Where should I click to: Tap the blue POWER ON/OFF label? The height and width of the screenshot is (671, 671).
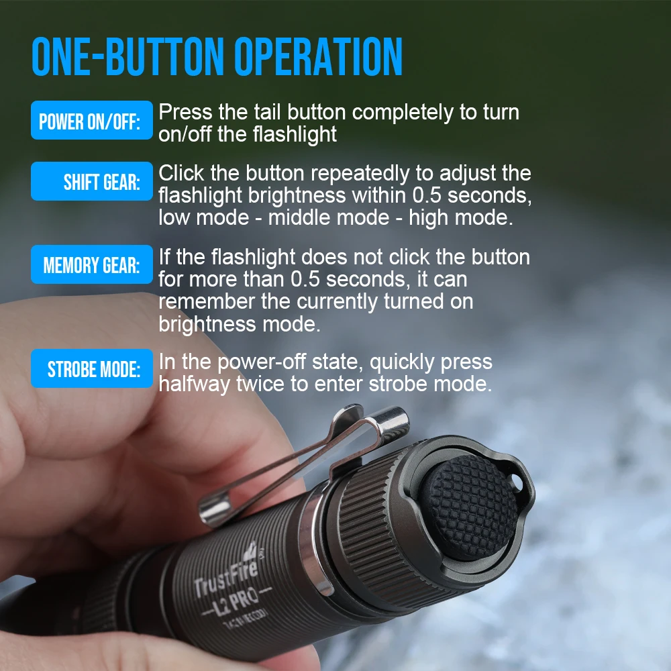pyautogui.click(x=91, y=121)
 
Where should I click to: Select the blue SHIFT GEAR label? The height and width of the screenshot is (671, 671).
pyautogui.click(x=91, y=182)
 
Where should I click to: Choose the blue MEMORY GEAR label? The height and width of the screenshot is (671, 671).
pyautogui.click(x=91, y=265)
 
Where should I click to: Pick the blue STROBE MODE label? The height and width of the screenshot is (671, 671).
pyautogui.click(x=91, y=369)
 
